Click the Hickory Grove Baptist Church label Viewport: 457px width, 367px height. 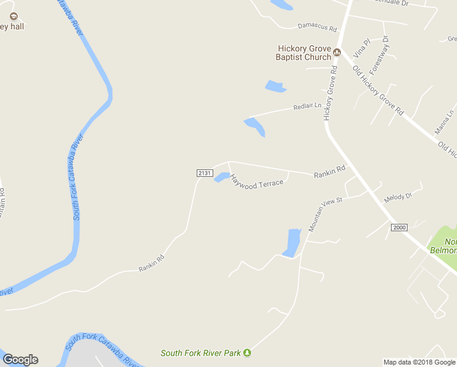pos(304,53)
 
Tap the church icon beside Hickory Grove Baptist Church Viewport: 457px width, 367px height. pos(337,53)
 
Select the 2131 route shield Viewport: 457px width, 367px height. pos(205,174)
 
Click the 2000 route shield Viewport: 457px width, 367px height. pos(399,228)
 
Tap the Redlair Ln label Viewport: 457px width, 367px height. pos(307,106)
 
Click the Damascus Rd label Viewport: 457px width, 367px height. pos(317,28)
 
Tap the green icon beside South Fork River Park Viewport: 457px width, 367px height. pos(247,352)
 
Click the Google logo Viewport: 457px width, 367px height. pos(20,360)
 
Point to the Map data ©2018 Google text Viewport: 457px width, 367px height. pos(419,362)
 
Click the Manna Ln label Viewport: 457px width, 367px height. pos(444,122)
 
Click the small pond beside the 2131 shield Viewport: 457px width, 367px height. pos(221,177)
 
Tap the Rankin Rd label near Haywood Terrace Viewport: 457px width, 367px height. pos(330,172)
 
